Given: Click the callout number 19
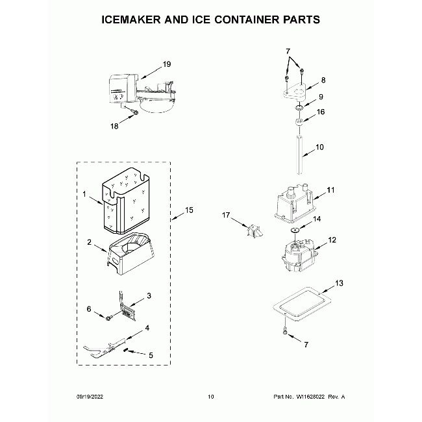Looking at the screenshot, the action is coord(167,64).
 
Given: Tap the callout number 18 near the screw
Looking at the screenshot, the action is coord(114,126).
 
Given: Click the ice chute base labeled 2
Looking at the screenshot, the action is coord(131,253).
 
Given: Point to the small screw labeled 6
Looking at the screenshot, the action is coord(108,318).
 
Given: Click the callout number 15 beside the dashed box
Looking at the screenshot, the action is coord(189,210).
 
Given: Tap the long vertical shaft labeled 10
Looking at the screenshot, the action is coord(299,155).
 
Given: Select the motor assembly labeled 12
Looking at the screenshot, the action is coord(298,255).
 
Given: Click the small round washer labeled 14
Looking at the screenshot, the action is coord(295,230).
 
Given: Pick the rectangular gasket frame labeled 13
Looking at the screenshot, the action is coord(302,304).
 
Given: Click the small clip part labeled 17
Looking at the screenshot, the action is coord(254,231).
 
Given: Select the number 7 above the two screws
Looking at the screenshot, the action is coord(288,51).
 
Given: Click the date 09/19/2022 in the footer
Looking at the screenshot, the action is coord(90,397).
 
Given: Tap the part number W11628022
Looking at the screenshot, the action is coord(310,397).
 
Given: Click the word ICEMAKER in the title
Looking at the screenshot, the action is coord(131,19).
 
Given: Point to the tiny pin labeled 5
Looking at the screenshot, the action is coord(125,350).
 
